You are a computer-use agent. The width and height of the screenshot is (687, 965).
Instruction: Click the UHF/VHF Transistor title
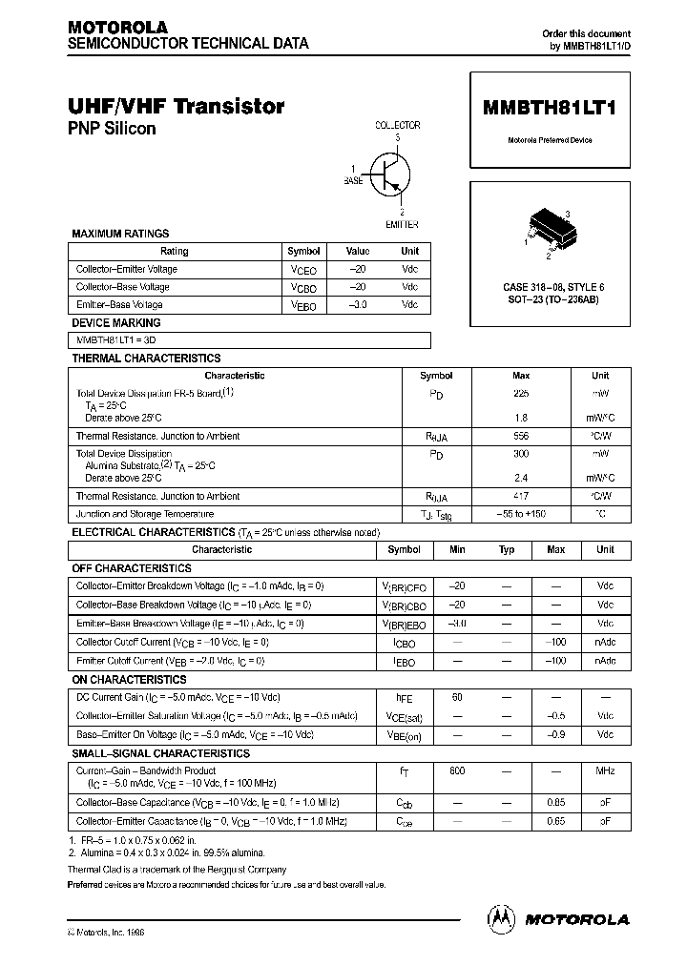click(176, 107)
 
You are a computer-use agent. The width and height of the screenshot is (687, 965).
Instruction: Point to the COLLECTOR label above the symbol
click(397, 126)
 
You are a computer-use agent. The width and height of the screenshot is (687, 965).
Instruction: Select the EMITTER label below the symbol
click(402, 224)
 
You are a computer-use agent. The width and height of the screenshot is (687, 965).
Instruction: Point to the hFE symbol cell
click(405, 698)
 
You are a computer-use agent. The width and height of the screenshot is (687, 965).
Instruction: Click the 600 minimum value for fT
click(457, 770)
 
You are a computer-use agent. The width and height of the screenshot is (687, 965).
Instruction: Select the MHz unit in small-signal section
click(605, 770)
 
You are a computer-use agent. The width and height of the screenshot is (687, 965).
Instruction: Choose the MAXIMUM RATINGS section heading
click(120, 234)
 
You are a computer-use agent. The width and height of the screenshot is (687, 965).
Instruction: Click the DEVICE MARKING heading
click(116, 323)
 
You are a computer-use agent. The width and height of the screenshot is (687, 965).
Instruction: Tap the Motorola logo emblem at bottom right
click(500, 918)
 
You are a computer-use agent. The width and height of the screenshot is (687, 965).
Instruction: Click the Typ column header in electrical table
click(507, 549)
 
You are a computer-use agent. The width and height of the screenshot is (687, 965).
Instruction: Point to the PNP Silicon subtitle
click(112, 129)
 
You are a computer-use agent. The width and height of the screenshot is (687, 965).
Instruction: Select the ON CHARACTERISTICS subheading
click(130, 680)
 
